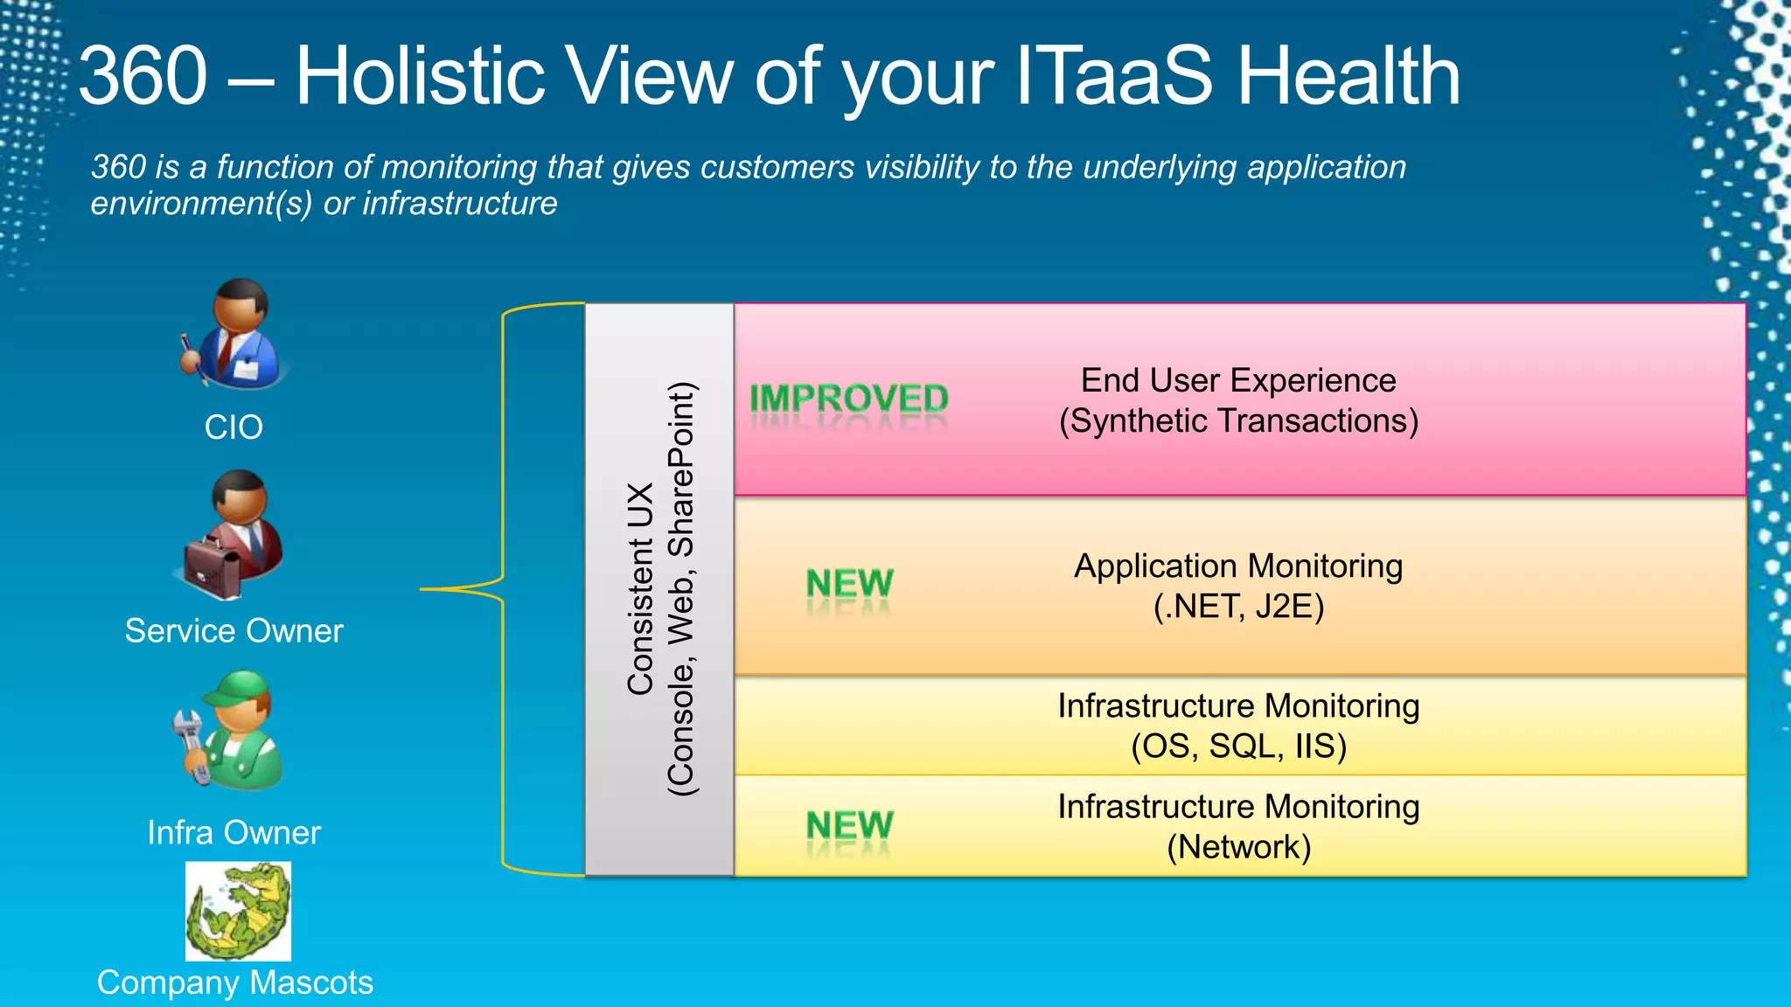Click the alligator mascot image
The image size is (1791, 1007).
pos(238,911)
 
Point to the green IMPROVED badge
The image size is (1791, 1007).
pos(848,399)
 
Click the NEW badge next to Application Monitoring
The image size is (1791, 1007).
pos(849,584)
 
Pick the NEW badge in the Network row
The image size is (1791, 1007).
pos(849,825)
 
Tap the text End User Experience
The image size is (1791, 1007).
pos(1237,380)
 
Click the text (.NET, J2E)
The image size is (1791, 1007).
pos(1237,606)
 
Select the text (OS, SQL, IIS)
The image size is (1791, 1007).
pos(1237,746)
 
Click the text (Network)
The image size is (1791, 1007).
pos(1237,846)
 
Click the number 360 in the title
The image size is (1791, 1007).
pos(143,76)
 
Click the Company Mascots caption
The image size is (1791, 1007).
pos(234,983)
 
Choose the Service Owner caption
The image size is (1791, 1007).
pos(233,630)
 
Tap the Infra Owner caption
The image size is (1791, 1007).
pos(233,832)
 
